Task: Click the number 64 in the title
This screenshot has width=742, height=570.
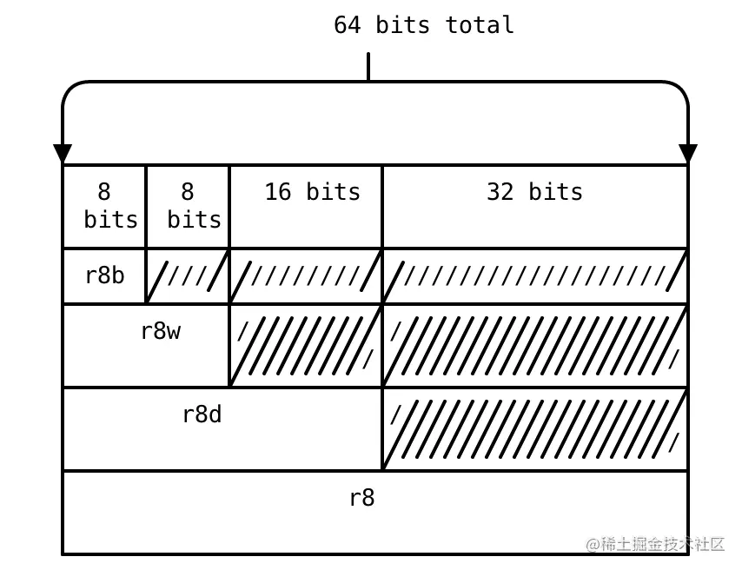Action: click(x=347, y=24)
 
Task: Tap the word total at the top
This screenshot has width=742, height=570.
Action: click(x=479, y=24)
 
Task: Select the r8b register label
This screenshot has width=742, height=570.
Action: click(x=104, y=275)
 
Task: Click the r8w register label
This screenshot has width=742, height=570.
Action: click(x=160, y=331)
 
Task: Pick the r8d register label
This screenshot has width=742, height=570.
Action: click(x=202, y=414)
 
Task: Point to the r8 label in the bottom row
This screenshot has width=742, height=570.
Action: click(x=361, y=498)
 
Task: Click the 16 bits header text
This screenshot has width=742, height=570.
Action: click(x=312, y=191)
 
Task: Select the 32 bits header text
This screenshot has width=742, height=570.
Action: click(x=534, y=191)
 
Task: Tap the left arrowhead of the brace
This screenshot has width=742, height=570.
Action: click(x=63, y=154)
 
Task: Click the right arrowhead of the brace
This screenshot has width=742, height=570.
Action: click(x=688, y=154)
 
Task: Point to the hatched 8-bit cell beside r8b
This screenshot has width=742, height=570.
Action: click(x=188, y=276)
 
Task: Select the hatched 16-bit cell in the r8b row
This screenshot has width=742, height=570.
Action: click(x=306, y=276)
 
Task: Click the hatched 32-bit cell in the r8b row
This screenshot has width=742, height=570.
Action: click(x=535, y=276)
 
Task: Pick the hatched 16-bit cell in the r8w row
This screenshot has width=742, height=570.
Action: click(x=306, y=345)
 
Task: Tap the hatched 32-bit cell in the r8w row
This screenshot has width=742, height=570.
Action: click(x=535, y=345)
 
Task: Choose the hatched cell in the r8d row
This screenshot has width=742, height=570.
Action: click(x=535, y=429)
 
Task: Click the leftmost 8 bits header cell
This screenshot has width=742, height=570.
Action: click(x=105, y=206)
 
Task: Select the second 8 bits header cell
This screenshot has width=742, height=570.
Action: click(x=189, y=206)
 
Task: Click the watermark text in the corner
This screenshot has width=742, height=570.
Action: click(x=656, y=544)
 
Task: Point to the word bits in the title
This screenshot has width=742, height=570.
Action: click(x=402, y=24)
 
